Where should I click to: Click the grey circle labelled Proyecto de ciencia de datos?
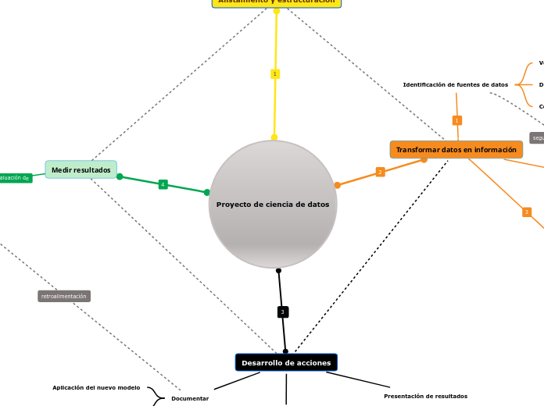pos(273,205)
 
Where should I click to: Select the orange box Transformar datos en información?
pos(456,150)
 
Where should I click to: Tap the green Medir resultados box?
pos(81,169)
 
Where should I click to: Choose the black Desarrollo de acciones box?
pos(286,362)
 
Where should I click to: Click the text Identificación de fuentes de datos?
pos(456,84)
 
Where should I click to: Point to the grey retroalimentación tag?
pos(64,297)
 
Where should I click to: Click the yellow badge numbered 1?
pos(275,74)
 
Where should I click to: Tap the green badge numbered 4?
pos(163,184)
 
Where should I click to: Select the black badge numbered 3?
pos(283,312)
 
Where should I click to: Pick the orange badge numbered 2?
pos(380,172)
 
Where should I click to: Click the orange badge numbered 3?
pos(527,212)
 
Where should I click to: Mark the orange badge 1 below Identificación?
pos(457,120)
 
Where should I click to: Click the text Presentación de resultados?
pos(425,396)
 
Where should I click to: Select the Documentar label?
pos(190,398)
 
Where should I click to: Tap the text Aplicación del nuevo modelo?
pos(96,387)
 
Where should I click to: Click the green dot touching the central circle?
pos(207,192)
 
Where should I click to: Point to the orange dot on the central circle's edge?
pos(338,185)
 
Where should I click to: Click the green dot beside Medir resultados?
pos(120,176)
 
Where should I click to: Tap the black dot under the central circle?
pos(278,270)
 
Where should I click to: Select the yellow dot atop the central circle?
pos(274,137)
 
